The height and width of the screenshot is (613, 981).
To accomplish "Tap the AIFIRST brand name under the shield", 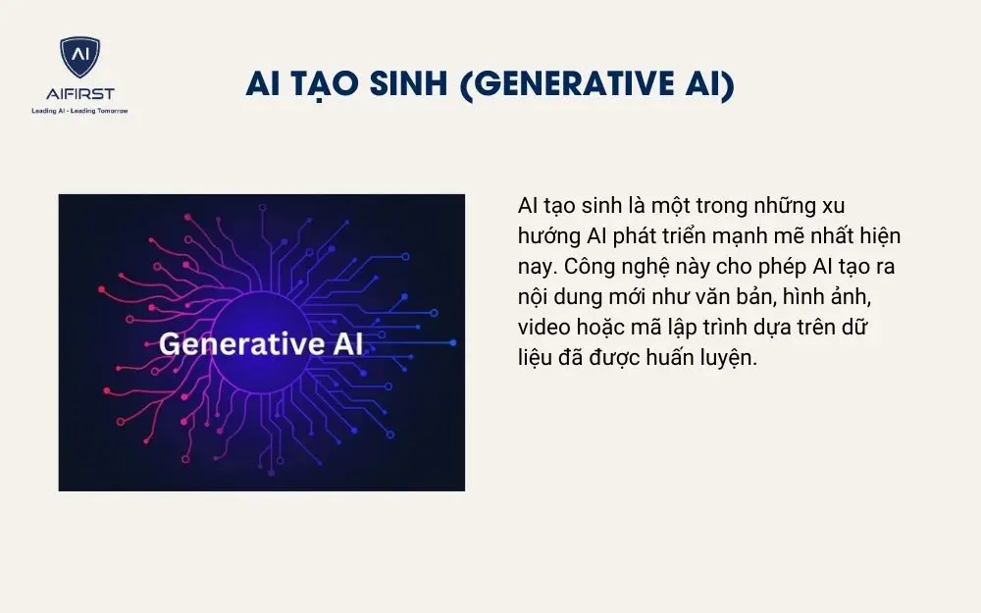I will point(79,94).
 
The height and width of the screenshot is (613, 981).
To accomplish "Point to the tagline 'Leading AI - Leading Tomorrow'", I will point(79,110).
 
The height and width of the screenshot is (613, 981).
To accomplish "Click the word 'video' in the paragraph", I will point(542,328).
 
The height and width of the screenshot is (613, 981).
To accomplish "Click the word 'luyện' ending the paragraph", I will point(733,358).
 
